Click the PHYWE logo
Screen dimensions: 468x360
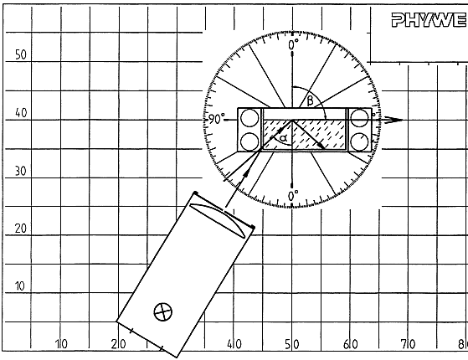[429, 20]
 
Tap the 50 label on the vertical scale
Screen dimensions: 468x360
[21, 55]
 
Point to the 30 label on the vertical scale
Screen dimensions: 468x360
[21, 171]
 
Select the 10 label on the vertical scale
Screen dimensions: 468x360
[20, 286]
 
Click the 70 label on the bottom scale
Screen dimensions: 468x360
[408, 344]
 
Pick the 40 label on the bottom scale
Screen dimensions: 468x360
[234, 344]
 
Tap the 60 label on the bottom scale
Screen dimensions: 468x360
[350, 344]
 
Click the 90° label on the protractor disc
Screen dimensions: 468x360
[216, 119]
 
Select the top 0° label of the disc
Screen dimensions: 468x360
[293, 44]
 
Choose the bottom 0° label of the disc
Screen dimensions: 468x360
[293, 196]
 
